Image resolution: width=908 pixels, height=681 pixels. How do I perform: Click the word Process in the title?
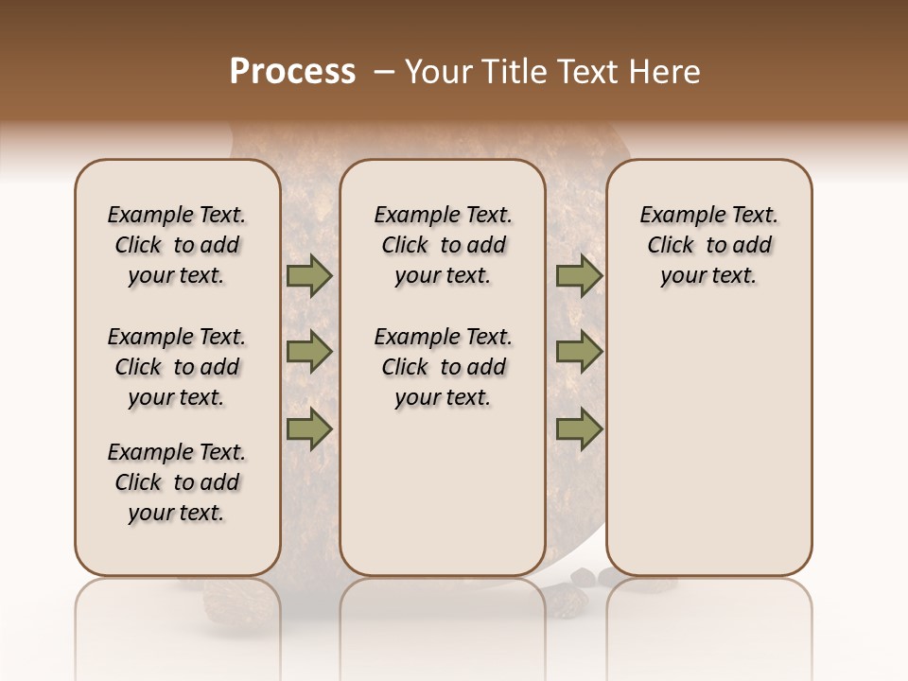(292, 72)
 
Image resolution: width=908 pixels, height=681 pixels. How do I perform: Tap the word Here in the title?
(665, 72)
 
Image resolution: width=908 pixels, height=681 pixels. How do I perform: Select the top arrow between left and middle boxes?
(309, 276)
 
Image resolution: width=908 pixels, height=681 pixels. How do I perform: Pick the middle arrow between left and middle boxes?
(309, 353)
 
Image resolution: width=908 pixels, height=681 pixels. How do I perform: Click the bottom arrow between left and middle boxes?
(309, 429)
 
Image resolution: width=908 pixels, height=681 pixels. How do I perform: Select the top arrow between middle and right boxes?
(579, 276)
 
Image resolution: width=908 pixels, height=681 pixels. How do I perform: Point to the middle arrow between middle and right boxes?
(579, 353)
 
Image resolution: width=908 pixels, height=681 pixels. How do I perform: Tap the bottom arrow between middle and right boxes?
(579, 429)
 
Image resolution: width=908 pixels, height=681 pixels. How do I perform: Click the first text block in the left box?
(177, 245)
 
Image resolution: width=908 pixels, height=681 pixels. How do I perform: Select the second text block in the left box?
(177, 367)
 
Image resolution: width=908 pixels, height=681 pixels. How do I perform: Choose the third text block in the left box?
(177, 482)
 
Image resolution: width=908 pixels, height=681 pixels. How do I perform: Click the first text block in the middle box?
(443, 245)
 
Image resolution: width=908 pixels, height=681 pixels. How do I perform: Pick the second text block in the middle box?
(443, 367)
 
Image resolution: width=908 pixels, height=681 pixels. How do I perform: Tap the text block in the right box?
(708, 245)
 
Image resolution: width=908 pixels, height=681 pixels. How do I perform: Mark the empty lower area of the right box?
(708, 445)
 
